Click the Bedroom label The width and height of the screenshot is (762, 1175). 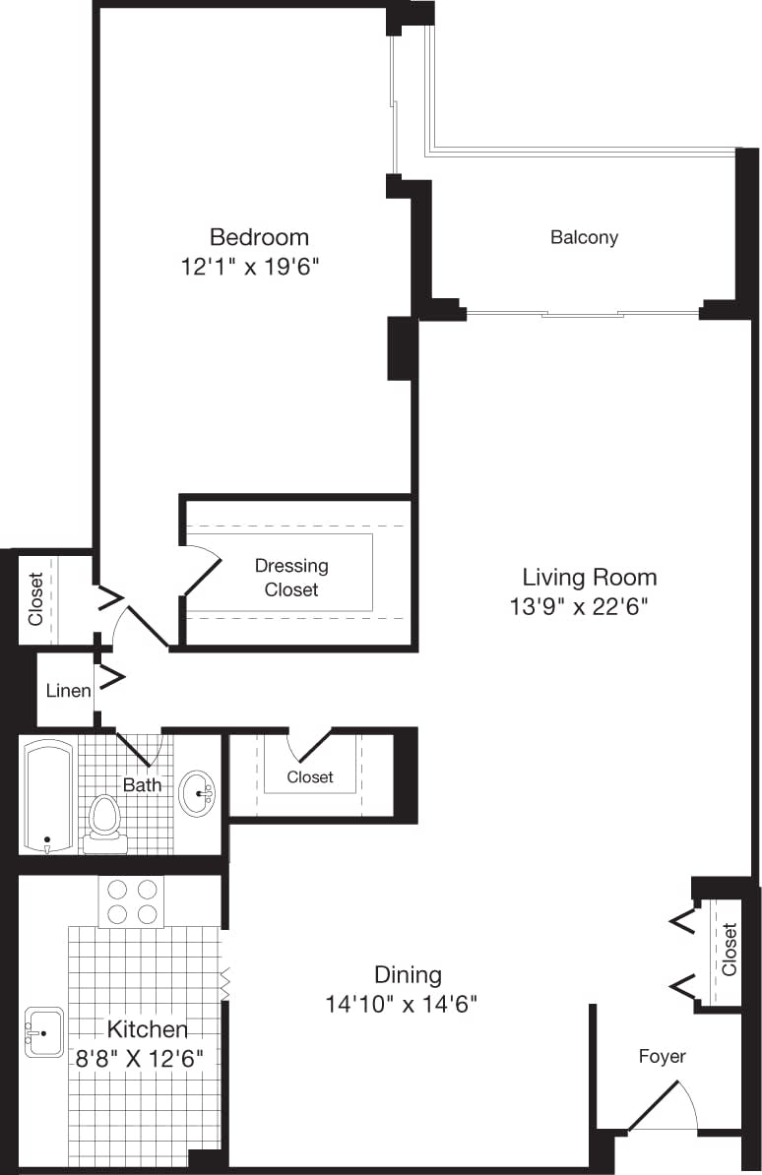[x=259, y=237]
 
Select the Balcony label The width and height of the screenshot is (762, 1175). [x=584, y=237]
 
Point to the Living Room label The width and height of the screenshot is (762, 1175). [x=589, y=577]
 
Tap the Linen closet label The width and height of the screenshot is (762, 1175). [x=68, y=691]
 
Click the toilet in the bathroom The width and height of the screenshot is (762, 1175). [x=104, y=823]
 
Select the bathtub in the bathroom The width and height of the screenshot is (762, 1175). [x=48, y=796]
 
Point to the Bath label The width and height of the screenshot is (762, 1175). [x=142, y=785]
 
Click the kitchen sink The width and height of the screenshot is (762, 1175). [x=44, y=1031]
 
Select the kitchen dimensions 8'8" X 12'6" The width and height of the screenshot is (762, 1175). [x=147, y=1060]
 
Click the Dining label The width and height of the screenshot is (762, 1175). [x=408, y=975]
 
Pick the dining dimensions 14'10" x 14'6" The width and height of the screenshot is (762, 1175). [x=401, y=1005]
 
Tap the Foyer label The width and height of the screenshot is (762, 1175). [x=662, y=1056]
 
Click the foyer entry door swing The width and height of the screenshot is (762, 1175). [x=665, y=1107]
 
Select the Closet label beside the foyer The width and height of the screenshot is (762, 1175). [x=729, y=949]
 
